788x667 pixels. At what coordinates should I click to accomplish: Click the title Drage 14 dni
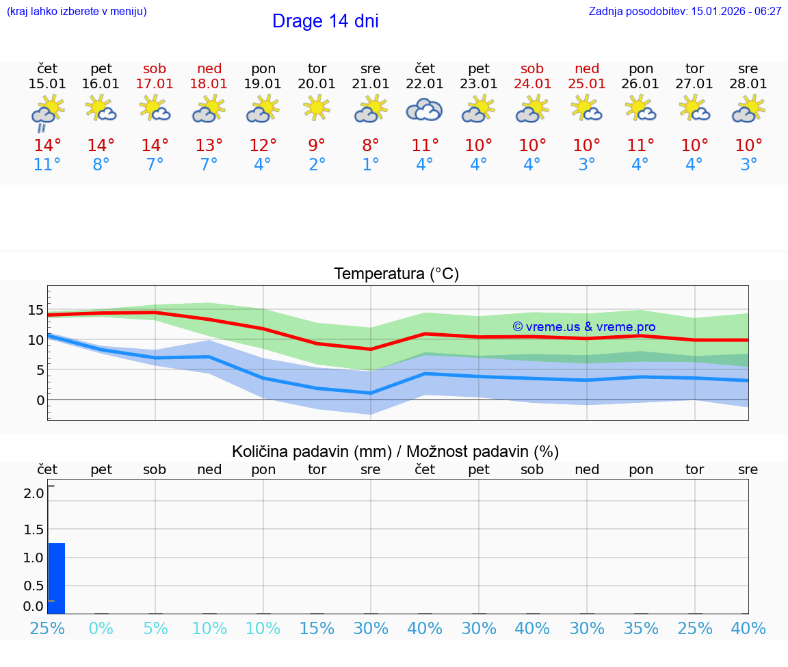(325, 21)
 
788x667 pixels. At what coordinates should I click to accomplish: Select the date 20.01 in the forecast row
(317, 83)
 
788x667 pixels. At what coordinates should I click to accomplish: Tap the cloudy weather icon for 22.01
(425, 109)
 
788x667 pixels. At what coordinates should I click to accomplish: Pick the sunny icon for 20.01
(317, 108)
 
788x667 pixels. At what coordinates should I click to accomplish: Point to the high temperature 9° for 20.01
(317, 146)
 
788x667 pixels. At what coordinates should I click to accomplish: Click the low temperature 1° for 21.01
(371, 165)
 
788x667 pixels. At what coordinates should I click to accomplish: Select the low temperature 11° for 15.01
(47, 165)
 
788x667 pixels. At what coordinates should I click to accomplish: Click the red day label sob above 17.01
(155, 68)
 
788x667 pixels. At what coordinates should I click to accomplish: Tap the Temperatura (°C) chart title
(396, 274)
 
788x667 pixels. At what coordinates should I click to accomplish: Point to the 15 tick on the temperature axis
(36, 309)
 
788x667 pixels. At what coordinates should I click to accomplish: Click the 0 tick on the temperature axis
(40, 400)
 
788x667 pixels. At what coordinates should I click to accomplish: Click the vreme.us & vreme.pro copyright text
(583, 327)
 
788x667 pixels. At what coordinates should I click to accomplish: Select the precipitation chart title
(395, 452)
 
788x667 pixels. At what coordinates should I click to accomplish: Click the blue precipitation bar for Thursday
(57, 578)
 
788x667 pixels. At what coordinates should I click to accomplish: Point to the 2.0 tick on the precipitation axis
(34, 493)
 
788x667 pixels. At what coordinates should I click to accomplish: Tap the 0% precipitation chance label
(101, 628)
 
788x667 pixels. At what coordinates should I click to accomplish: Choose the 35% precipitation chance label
(641, 628)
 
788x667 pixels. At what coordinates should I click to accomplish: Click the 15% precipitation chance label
(317, 628)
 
